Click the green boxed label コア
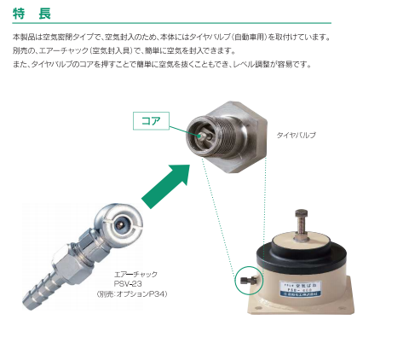pyautogui.click(x=151, y=120)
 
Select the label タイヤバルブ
pyautogui.click(x=296, y=135)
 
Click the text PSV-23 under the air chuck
pyautogui.click(x=130, y=284)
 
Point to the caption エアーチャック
pyautogui.click(x=130, y=275)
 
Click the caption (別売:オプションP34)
pyautogui.click(x=130, y=294)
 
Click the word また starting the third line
pyautogui.click(x=19, y=65)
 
